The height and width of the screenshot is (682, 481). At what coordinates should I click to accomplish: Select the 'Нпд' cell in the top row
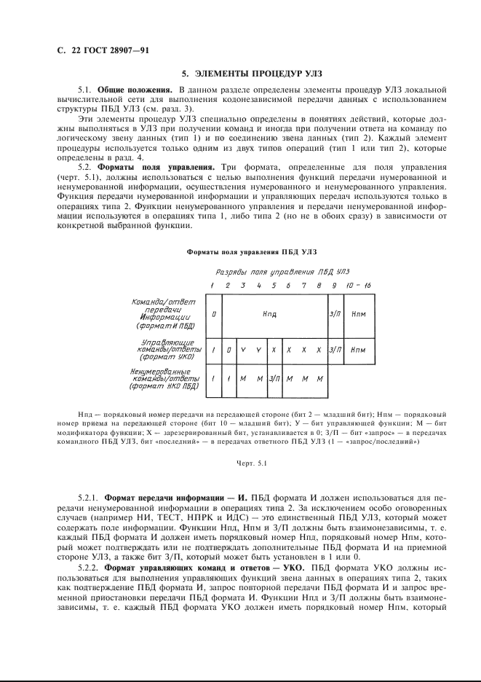click(274, 314)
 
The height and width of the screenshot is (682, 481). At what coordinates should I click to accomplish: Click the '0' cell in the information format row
click(213, 314)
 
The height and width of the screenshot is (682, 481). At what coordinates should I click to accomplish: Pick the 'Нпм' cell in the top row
click(358, 314)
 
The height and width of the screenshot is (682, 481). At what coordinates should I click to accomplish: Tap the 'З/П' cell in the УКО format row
click(335, 350)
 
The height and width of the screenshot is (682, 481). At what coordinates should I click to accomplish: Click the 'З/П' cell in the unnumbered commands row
click(274, 379)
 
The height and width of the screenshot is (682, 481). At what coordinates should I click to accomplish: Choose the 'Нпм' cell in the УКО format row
click(358, 350)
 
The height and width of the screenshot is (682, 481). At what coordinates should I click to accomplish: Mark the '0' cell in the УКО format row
click(228, 350)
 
